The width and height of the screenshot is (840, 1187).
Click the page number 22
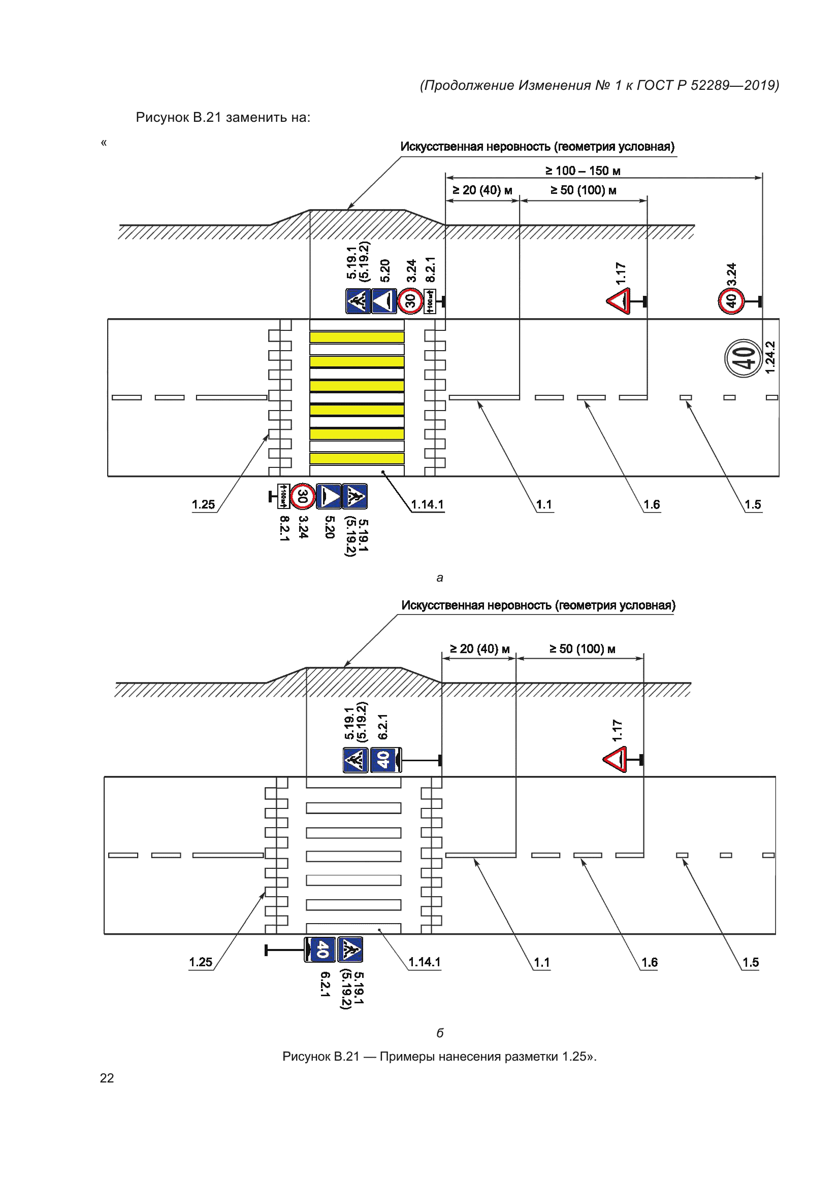[x=107, y=1077]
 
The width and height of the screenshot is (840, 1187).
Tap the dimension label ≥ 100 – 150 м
[x=583, y=171]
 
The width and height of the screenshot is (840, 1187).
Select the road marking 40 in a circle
[x=744, y=358]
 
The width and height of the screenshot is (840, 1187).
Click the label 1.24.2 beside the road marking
[x=770, y=357]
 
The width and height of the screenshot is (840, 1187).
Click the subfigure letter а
[x=440, y=578]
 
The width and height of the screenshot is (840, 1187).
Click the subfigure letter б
[x=440, y=1032]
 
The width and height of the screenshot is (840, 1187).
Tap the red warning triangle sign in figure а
[x=619, y=301]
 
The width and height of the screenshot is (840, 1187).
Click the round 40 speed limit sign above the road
[x=731, y=301]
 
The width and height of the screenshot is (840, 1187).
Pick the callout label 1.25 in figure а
[x=203, y=504]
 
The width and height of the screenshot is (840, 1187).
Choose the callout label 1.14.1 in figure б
[x=424, y=962]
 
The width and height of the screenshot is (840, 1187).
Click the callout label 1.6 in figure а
[x=651, y=504]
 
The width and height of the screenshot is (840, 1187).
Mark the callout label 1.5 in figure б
[x=750, y=962]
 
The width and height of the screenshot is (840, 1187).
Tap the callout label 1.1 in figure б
[x=541, y=962]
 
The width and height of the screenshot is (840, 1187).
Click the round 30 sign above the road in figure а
[x=410, y=301]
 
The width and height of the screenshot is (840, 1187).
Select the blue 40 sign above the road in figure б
[x=385, y=760]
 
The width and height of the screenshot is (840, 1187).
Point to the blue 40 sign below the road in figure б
[x=319, y=949]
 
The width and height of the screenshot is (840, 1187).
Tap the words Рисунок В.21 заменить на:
[x=223, y=117]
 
